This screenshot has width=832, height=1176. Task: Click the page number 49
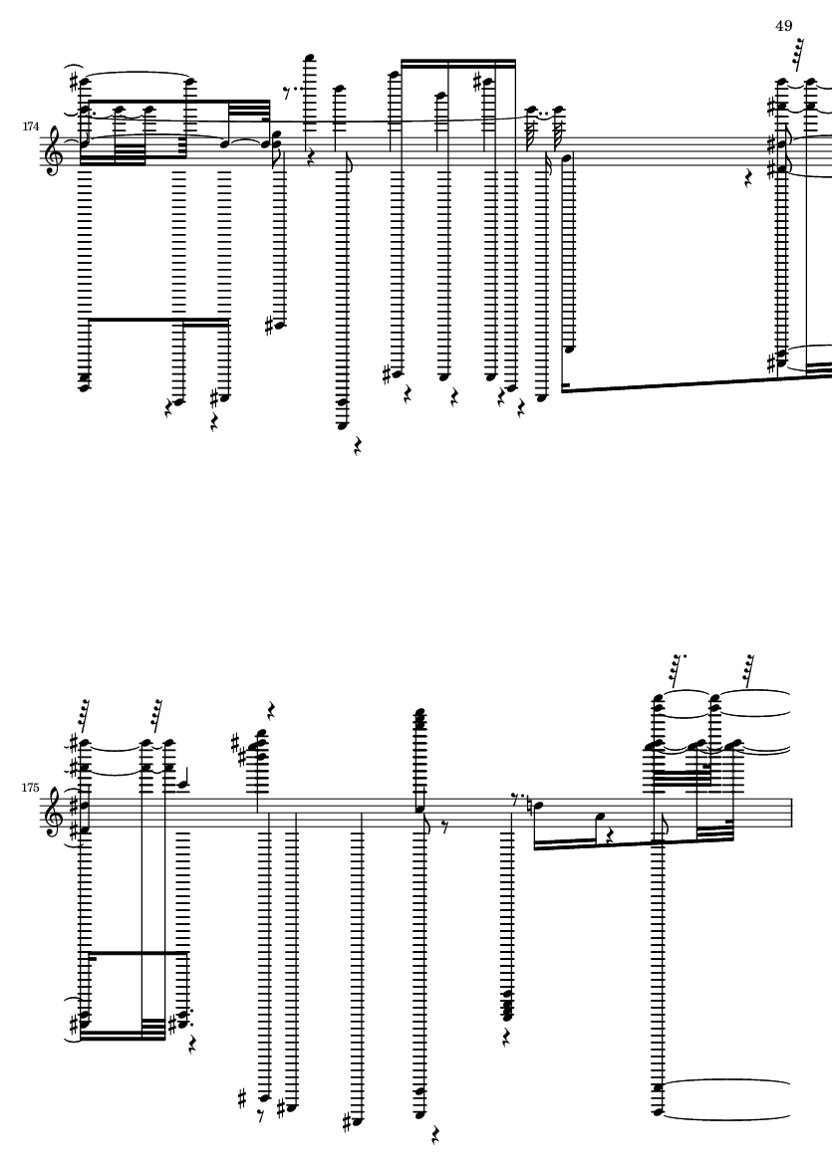click(x=783, y=26)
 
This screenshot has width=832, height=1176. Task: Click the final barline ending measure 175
click(x=790, y=814)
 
